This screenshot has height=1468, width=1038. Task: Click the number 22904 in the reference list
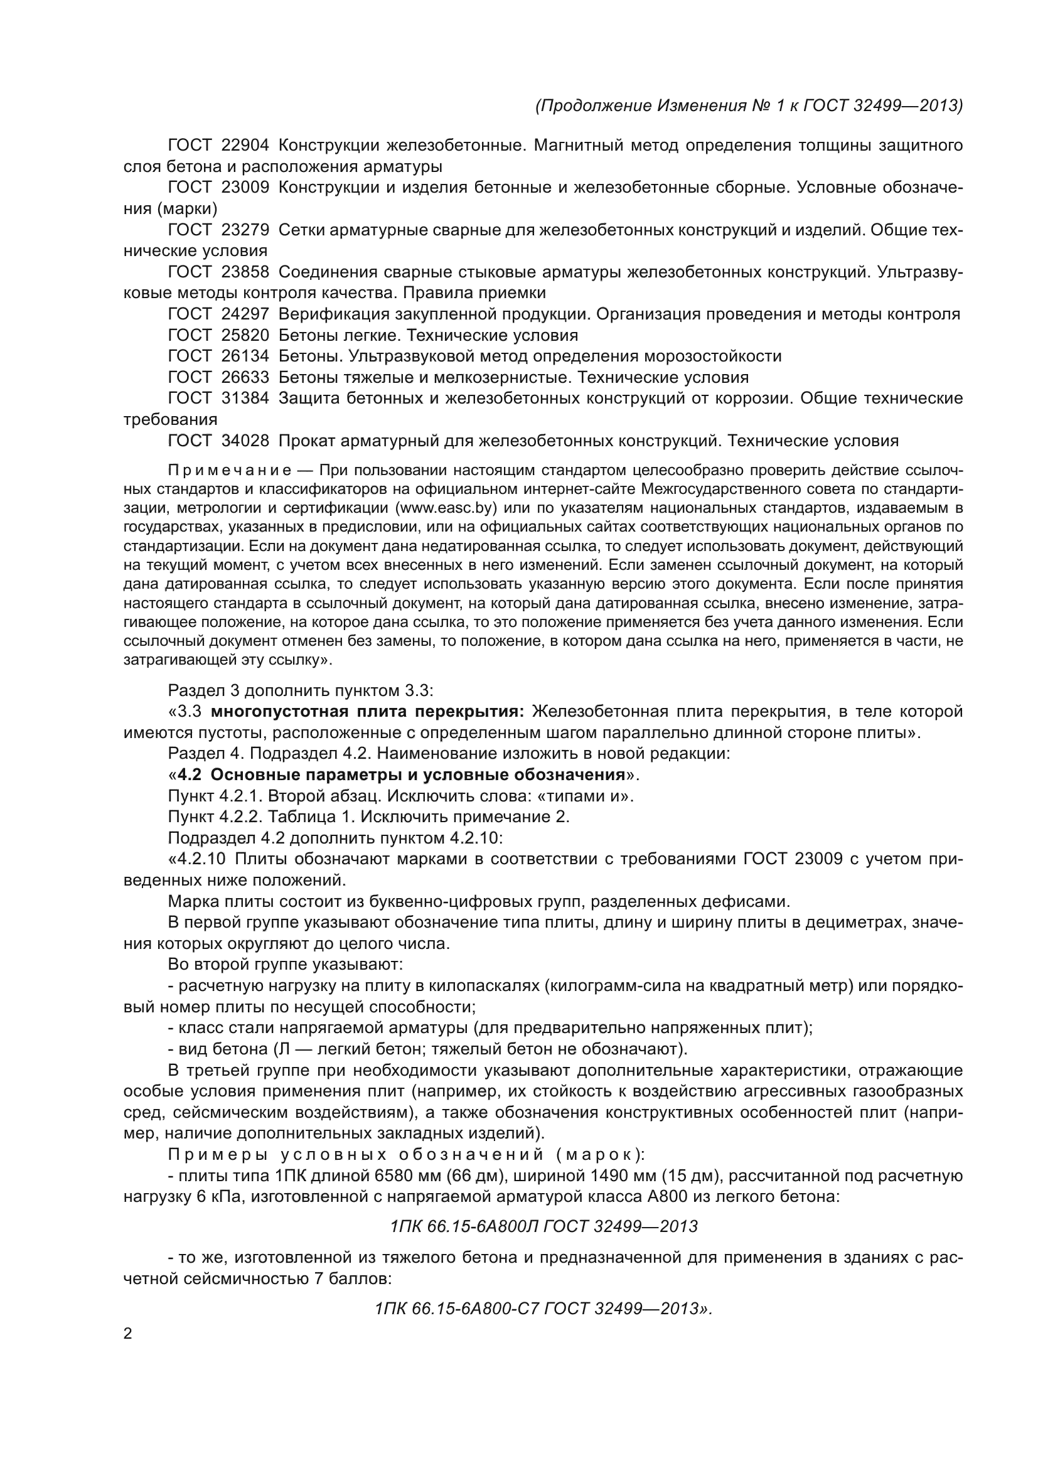pyautogui.click(x=245, y=146)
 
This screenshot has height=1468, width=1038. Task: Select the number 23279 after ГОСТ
pyautogui.click(x=245, y=230)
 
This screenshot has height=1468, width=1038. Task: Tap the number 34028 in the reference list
pyautogui.click(x=245, y=441)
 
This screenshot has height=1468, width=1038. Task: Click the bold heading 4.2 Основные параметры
pyautogui.click(x=402, y=775)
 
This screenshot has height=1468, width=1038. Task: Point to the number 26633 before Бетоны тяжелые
pyautogui.click(x=245, y=377)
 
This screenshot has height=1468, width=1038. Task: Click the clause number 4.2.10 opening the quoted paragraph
pyautogui.click(x=195, y=859)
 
